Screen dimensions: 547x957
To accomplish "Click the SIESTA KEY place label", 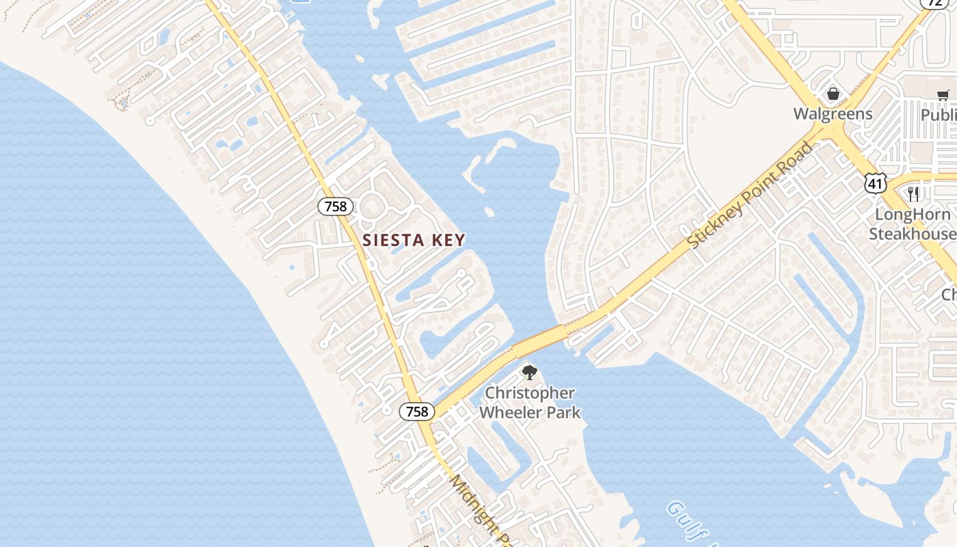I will [x=414, y=240].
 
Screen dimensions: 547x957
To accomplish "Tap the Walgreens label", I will [x=833, y=114].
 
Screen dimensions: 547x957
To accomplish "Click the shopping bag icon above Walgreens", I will [x=833, y=94].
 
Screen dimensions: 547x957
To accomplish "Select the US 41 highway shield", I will [x=875, y=183].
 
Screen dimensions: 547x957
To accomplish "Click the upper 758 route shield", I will [x=336, y=206].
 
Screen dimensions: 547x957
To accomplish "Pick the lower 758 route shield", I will [x=416, y=411].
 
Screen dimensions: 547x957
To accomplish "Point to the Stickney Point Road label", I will [x=751, y=195].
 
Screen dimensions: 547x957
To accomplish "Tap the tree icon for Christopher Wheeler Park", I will [x=529, y=373].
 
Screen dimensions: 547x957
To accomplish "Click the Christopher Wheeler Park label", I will [x=530, y=403].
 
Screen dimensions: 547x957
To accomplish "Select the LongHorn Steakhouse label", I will [x=913, y=224].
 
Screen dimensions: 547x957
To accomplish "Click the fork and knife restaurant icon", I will [x=913, y=194].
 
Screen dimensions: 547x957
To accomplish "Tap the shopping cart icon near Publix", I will [x=943, y=95].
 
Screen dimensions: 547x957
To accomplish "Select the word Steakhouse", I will [x=913, y=234].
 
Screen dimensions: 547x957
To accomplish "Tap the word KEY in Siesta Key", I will [x=445, y=240].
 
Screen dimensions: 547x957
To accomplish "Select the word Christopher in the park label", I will [x=530, y=393].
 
